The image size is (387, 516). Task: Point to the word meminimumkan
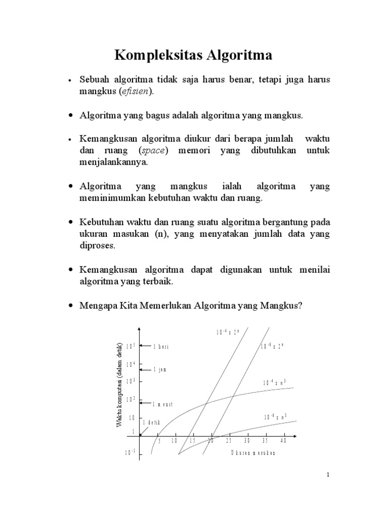111,199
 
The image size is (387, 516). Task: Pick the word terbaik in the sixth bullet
157,282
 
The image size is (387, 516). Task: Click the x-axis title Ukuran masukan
253,452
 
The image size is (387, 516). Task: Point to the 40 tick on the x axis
283,441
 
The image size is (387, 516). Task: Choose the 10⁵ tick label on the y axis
131,346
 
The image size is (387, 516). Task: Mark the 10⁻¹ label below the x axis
131,453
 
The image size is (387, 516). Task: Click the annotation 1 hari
161,346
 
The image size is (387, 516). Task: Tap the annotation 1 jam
160,369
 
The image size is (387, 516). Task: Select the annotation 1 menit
163,404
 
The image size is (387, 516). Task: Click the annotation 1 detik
151,422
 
